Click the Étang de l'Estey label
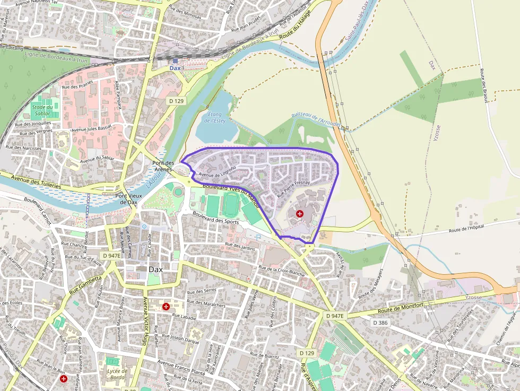pyautogui.click(x=214, y=118)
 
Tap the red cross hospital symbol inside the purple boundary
pyautogui.click(x=300, y=213)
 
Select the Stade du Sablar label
pyautogui.click(x=42, y=110)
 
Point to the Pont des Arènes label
pyautogui.click(x=163, y=166)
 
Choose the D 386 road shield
pyautogui.click(x=380, y=323)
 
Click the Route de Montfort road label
pyautogui.click(x=400, y=308)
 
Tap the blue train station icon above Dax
pyautogui.click(x=175, y=61)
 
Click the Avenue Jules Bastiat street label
pyautogui.click(x=92, y=129)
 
